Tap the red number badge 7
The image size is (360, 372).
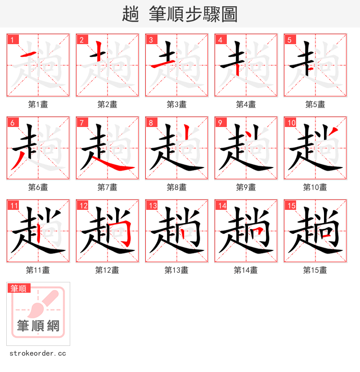[82, 122]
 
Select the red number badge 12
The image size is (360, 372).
[83, 205]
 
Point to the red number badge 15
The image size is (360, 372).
[291, 205]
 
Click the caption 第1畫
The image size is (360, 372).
[38, 104]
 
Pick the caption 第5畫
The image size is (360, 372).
[315, 104]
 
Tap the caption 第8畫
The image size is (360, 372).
[177, 187]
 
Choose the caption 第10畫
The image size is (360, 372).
[315, 187]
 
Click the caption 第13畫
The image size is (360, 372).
[177, 270]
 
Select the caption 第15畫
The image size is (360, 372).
[315, 270]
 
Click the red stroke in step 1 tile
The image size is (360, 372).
[29, 55]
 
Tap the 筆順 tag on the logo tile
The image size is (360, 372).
[19, 288]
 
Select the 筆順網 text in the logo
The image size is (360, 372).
[38, 325]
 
